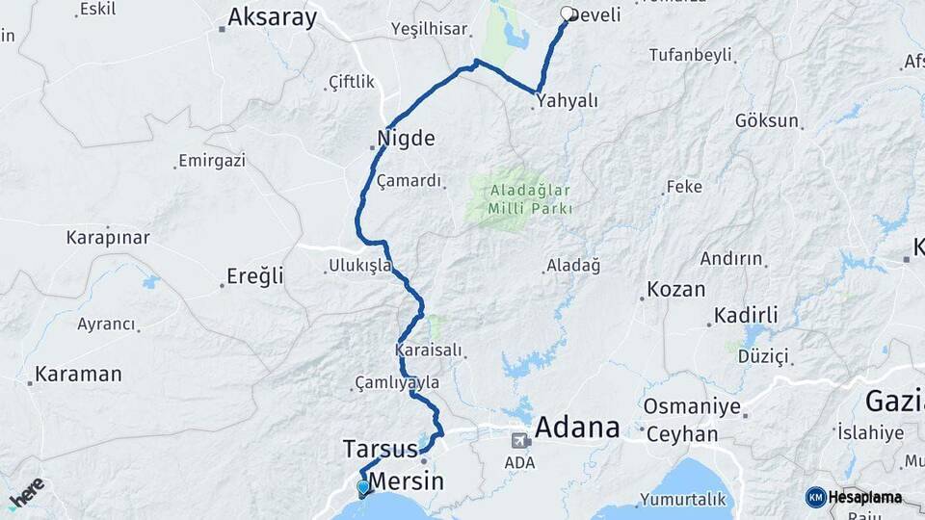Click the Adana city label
click(577, 427)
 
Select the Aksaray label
click(272, 17)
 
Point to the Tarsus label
click(380, 449)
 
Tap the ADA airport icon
click(519, 441)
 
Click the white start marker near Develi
click(568, 14)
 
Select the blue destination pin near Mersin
click(362, 488)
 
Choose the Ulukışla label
click(359, 265)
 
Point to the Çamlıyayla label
click(397, 383)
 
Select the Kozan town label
click(675, 289)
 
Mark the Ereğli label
click(255, 276)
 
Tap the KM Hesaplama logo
click(856, 497)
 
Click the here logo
click(26, 492)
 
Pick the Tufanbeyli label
click(690, 55)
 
